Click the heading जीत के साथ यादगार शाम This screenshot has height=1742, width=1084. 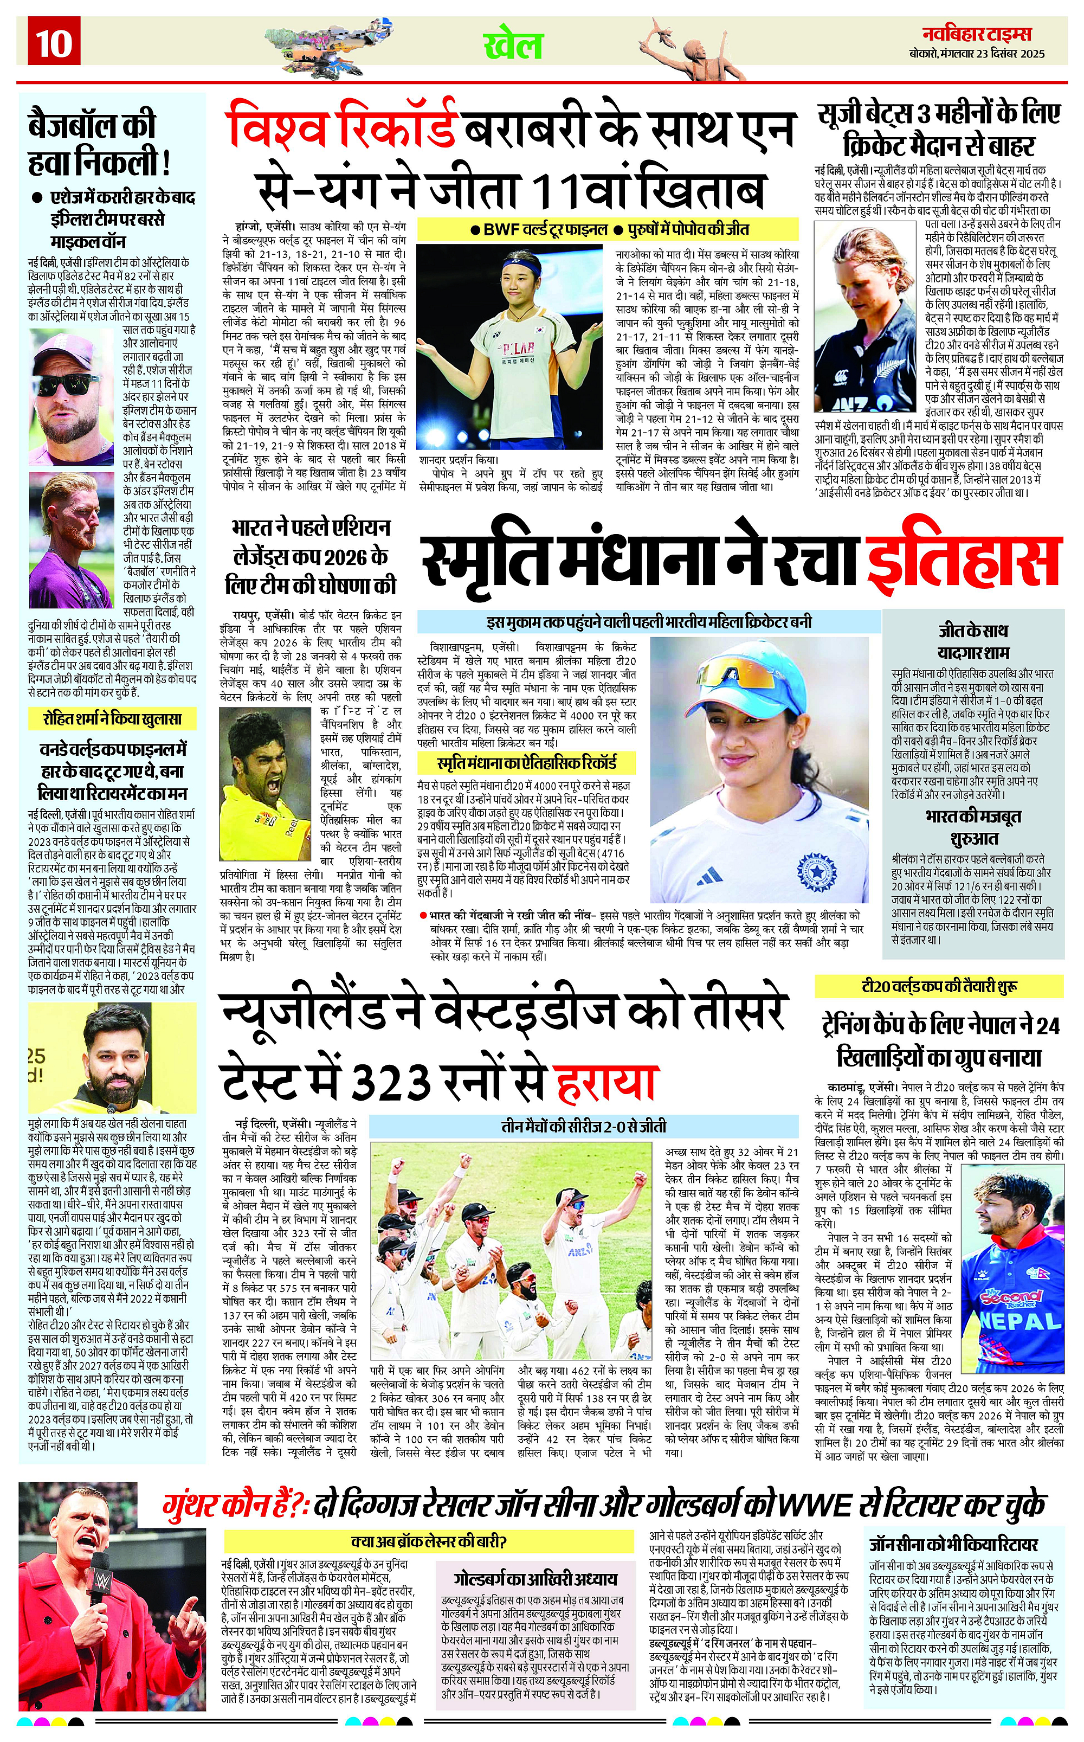[973, 642]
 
